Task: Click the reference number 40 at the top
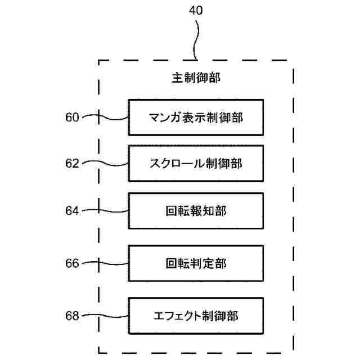[196, 11]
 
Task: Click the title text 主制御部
[196, 78]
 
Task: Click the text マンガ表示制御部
[196, 118]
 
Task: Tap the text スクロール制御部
[196, 164]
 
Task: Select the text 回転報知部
[196, 211]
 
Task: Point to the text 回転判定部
[196, 263]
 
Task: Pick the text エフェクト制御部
[196, 316]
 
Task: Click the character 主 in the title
[177, 78]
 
